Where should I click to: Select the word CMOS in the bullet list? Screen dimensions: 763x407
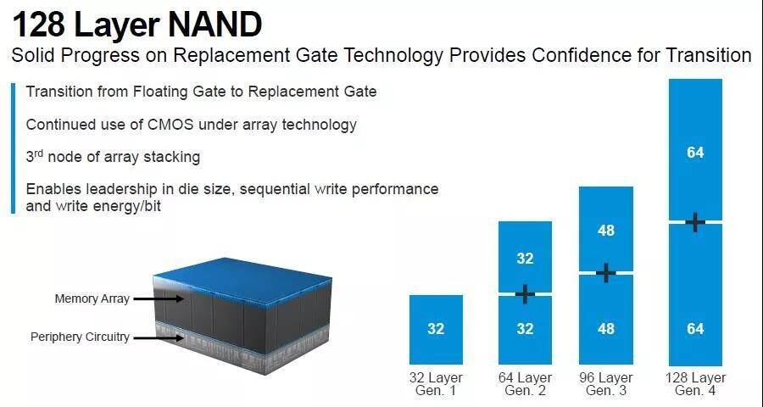click(x=170, y=125)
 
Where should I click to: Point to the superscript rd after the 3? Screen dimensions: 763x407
click(x=39, y=153)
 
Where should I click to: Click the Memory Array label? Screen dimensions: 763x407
click(x=92, y=298)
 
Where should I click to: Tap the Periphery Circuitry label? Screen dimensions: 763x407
click(x=80, y=337)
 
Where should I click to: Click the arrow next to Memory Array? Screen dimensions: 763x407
click(x=159, y=298)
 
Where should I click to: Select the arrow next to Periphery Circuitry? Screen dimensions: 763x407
click(x=159, y=337)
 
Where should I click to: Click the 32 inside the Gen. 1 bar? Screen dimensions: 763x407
click(x=436, y=329)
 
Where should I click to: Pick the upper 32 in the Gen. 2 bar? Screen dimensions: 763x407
click(x=525, y=258)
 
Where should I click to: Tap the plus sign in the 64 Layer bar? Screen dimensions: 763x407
click(x=525, y=294)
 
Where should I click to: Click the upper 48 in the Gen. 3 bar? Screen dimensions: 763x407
click(x=606, y=231)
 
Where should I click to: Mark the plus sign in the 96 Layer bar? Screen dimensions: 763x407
click(x=606, y=273)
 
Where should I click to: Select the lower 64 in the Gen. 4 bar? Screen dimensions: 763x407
click(x=695, y=329)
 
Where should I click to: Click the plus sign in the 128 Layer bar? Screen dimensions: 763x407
click(x=695, y=222)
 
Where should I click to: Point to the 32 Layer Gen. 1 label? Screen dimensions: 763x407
click(x=436, y=384)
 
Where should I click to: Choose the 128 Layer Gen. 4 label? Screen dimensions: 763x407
click(x=695, y=384)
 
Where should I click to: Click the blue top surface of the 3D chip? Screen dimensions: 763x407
click(x=243, y=280)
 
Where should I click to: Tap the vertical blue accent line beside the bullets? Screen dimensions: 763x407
click(x=14, y=148)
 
